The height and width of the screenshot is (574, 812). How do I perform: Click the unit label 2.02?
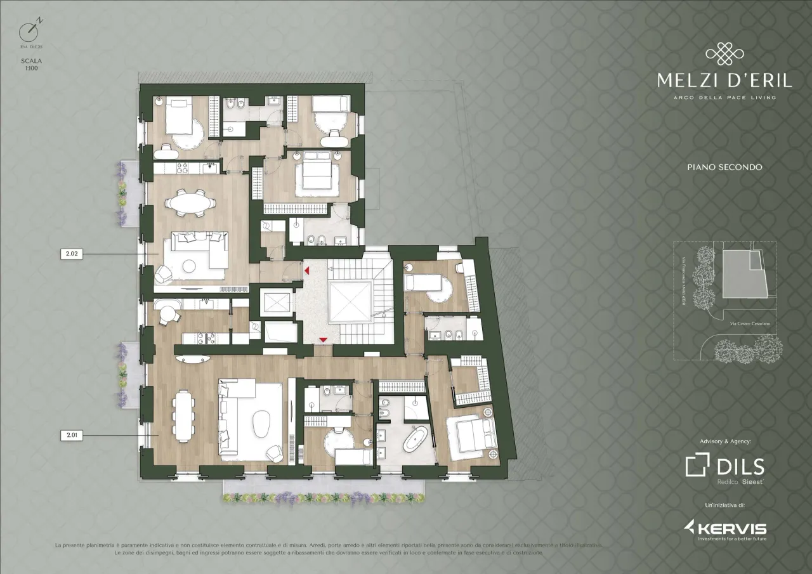pyautogui.click(x=71, y=254)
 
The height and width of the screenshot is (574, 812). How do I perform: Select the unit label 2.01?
pyautogui.click(x=71, y=436)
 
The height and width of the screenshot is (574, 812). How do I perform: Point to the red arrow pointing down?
pyautogui.click(x=324, y=341)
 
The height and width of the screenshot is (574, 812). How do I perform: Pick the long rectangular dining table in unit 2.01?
pyautogui.click(x=184, y=415)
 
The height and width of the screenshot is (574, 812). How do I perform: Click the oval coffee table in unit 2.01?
pyautogui.click(x=261, y=424)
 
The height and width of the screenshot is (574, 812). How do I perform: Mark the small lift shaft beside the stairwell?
pyautogui.click(x=274, y=303)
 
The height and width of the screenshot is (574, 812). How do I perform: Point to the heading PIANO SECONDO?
pyautogui.click(x=724, y=167)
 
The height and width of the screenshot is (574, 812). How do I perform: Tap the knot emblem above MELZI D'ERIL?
pyautogui.click(x=724, y=54)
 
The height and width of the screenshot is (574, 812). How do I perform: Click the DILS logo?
pyautogui.click(x=724, y=467)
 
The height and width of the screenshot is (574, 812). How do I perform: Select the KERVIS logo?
pyautogui.click(x=724, y=528)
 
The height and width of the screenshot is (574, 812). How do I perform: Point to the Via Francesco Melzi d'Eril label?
pyautogui.click(x=682, y=279)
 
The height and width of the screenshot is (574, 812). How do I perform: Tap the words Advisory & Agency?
pyautogui.click(x=724, y=441)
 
